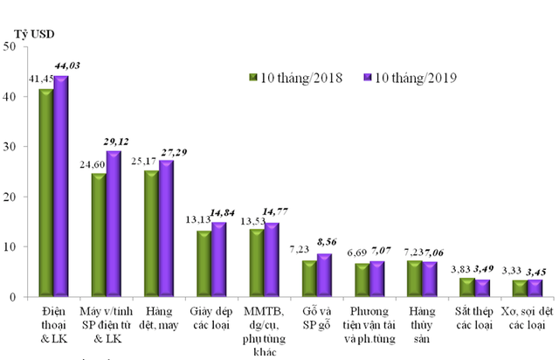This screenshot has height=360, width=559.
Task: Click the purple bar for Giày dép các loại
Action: (219, 260)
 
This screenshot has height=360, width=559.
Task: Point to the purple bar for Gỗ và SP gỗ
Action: (324, 275)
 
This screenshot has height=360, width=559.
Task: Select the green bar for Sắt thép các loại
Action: (466, 287)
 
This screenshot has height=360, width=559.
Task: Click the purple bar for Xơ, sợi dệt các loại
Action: (534, 288)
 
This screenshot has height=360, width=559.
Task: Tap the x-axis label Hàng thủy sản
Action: (422, 324)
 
